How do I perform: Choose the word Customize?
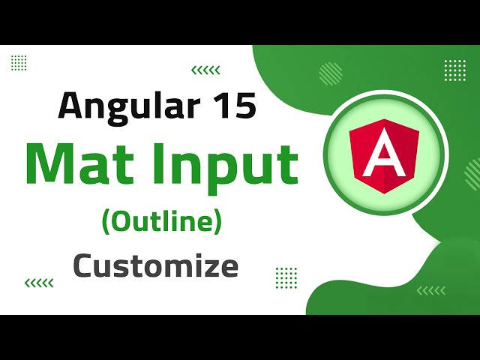[156, 265]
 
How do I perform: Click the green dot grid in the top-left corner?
[19, 62]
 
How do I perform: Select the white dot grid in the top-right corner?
[454, 70]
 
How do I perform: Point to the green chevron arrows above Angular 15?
[205, 70]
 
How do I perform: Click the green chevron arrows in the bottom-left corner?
[39, 283]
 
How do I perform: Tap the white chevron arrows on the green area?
[430, 290]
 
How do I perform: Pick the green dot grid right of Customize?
[286, 275]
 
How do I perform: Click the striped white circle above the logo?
[330, 73]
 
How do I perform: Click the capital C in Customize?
[84, 265]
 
